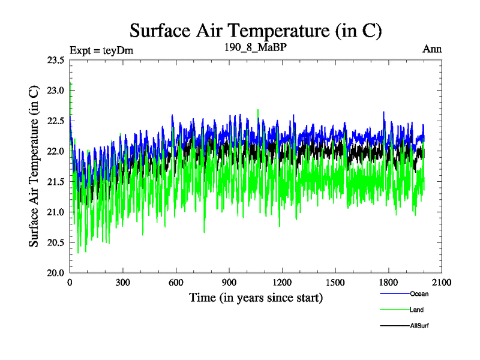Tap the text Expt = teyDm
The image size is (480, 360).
101,50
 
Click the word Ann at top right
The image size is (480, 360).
432,49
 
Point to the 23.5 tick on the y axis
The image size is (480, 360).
54,60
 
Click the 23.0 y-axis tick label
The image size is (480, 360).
54,91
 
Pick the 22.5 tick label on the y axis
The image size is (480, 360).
54,121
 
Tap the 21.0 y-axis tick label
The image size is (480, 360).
54,212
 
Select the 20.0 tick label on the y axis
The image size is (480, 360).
54,272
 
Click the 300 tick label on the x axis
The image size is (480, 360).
123,283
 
